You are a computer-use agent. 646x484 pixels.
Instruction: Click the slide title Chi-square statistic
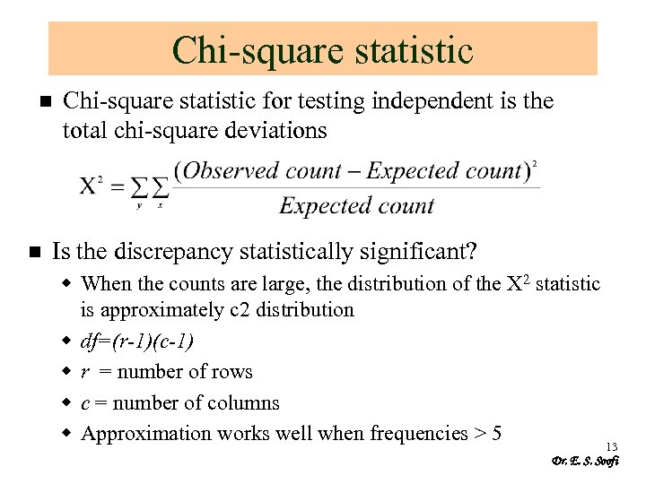[322, 50]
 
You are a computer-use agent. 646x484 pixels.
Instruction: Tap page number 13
[612, 446]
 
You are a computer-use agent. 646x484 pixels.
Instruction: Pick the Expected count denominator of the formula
[356, 206]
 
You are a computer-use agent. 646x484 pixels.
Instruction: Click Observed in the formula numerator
[231, 170]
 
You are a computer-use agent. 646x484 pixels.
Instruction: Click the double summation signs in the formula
[150, 187]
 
